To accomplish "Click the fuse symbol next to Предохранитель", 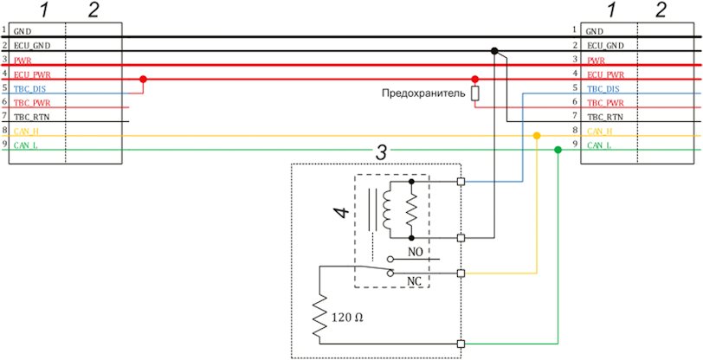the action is click(x=474, y=93).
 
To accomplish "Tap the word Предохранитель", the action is click(x=422, y=93).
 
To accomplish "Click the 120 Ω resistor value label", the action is click(x=347, y=318).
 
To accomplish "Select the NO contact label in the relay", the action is click(x=416, y=251).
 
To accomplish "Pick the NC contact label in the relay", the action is click(x=414, y=281).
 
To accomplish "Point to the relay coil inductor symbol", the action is click(x=386, y=209).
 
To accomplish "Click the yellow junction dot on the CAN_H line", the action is click(x=536, y=135).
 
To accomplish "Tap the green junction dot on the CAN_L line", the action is click(x=558, y=150).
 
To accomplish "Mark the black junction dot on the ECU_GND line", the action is click(x=494, y=51).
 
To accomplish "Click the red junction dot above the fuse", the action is click(x=474, y=79).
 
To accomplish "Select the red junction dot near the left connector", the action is click(x=143, y=80).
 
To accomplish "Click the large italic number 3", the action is click(x=380, y=153).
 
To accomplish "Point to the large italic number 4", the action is click(x=342, y=213).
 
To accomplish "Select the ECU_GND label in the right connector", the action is click(x=605, y=46).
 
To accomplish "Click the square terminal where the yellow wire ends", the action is click(x=461, y=273).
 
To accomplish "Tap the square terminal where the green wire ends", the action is click(x=461, y=344).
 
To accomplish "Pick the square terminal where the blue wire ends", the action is click(x=461, y=182).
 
